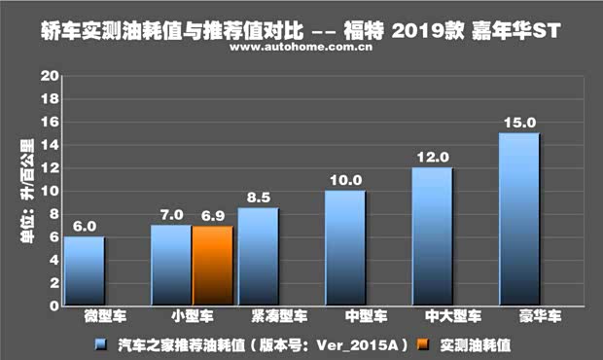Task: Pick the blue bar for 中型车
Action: tap(345, 248)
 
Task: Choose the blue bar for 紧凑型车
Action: tap(258, 257)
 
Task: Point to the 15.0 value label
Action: tap(518, 122)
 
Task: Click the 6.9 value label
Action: tap(213, 214)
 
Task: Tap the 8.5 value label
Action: tap(258, 197)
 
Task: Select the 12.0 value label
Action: tap(432, 157)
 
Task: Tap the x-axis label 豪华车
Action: tap(518, 317)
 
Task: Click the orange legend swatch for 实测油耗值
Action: tap(420, 343)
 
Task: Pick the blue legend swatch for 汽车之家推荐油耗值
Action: tap(100, 343)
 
